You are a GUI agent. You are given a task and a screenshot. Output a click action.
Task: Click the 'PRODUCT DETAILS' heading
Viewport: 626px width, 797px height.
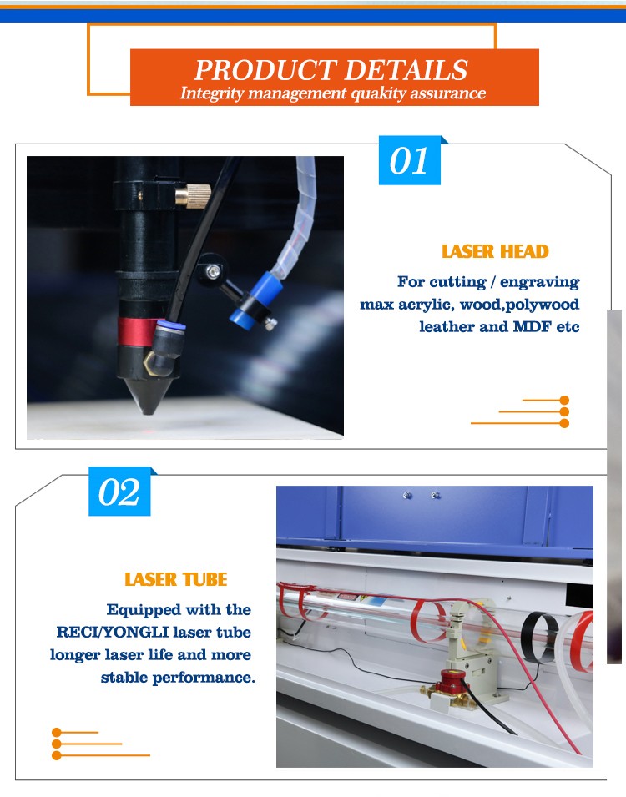click(331, 69)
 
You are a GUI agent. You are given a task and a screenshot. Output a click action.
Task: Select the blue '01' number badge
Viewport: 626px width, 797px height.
click(409, 160)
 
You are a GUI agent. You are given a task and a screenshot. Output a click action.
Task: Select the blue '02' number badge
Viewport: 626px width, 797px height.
click(119, 492)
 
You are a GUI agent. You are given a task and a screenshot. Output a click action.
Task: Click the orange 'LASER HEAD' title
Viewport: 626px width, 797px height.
click(495, 251)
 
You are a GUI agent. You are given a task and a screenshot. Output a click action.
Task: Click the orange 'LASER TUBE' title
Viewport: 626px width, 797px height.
click(175, 579)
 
